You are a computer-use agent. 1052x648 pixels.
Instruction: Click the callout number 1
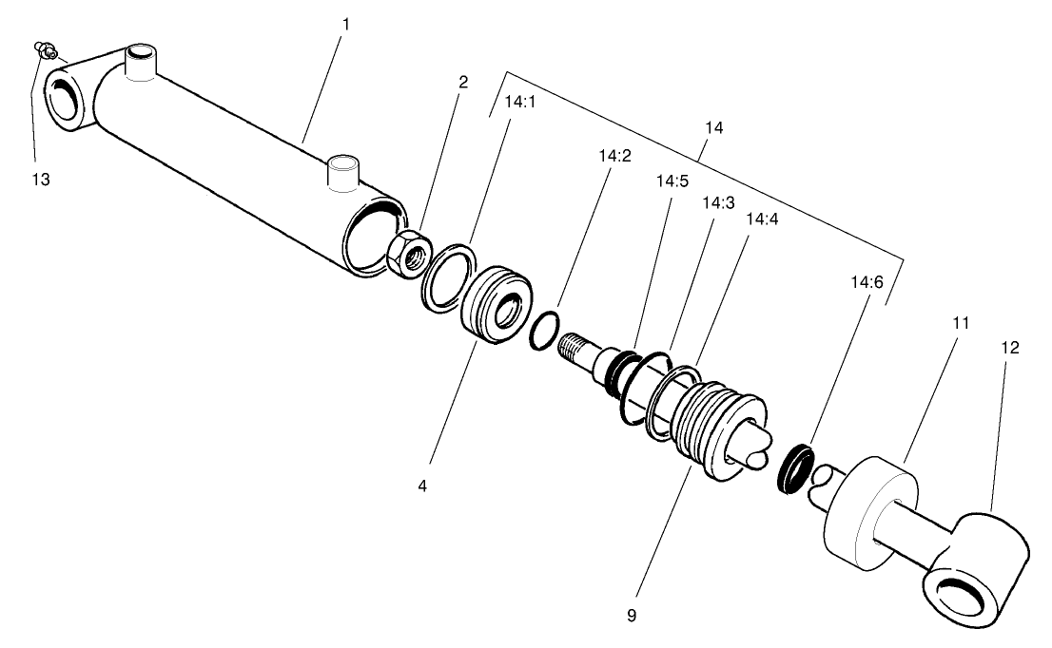pos(346,23)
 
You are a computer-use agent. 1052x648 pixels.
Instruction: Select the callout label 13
pos(40,179)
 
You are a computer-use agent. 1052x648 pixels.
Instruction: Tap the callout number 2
pos(463,82)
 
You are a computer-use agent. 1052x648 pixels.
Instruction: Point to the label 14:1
pos(520,102)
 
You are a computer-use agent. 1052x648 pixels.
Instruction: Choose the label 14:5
pos(672,180)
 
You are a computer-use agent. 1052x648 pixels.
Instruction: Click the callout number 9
pos(632,615)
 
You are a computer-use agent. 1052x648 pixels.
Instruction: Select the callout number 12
pos(1009,348)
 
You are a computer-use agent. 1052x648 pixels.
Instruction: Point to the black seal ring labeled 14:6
pos(795,466)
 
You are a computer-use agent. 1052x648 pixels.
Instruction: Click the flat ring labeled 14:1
pos(447,278)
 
